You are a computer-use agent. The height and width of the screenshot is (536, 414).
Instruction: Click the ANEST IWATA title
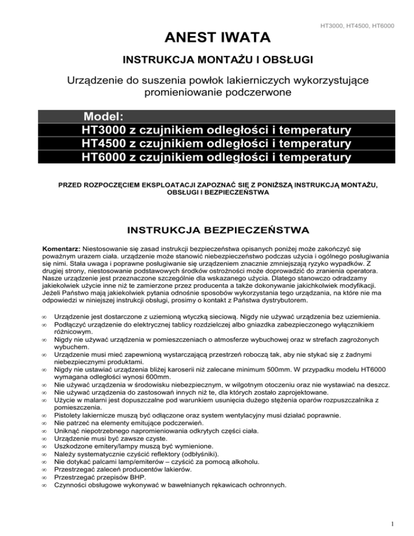206,38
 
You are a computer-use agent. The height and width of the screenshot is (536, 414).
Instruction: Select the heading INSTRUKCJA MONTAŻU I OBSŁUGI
207,59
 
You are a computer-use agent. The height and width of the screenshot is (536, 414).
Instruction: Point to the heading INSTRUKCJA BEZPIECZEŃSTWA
206,230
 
